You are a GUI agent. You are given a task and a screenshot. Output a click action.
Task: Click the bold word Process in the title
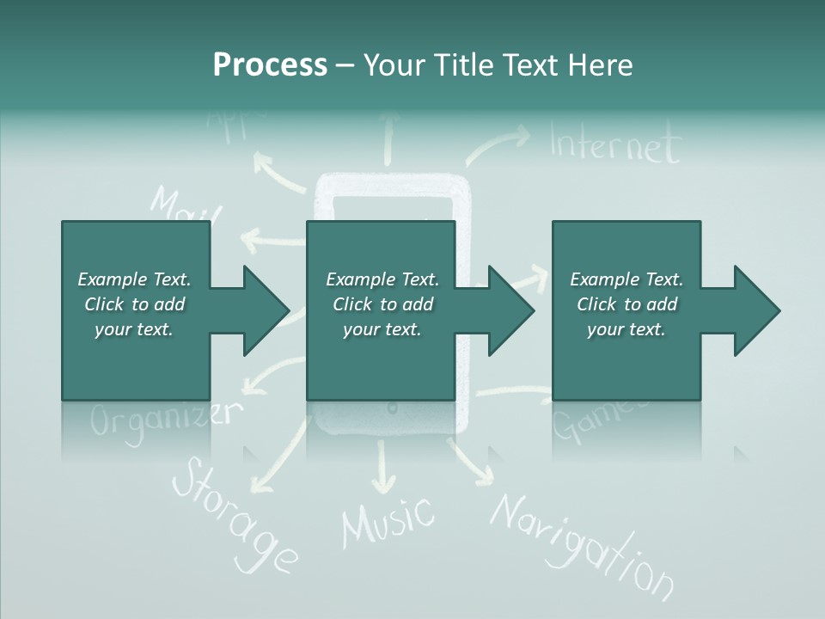point(270,65)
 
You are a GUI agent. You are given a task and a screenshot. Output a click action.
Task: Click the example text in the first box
point(135,304)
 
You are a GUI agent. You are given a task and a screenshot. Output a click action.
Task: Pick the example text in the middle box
point(382,304)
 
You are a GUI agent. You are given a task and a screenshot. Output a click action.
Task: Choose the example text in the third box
point(626,304)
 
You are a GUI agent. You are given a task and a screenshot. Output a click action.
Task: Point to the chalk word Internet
point(615,144)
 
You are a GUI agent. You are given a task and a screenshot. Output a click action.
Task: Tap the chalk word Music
point(388,519)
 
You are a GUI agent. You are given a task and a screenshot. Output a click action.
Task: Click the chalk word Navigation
point(581,545)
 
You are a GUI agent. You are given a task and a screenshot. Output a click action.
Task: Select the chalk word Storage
point(234,514)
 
